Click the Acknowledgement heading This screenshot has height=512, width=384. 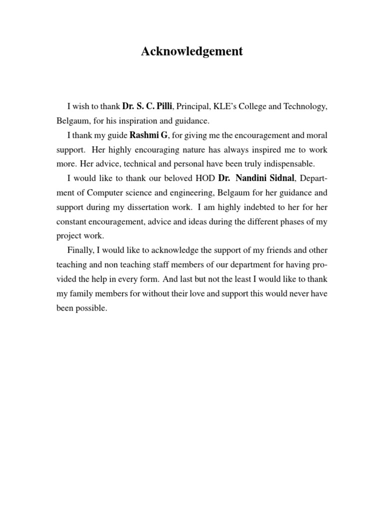(192, 51)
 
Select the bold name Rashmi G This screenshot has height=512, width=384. (149, 135)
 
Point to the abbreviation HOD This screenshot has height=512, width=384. (206, 178)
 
